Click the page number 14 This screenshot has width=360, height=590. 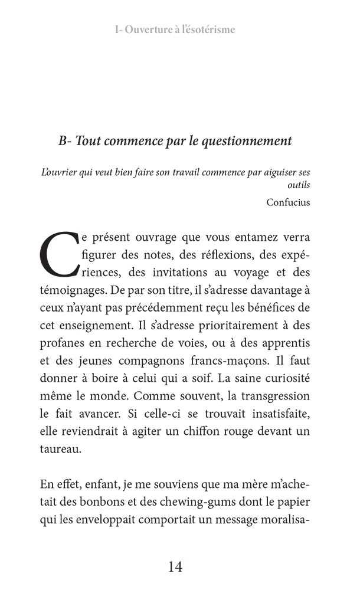pos(175,568)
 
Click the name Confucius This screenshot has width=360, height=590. pos(288,202)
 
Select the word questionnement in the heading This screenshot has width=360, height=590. pos(247,142)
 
